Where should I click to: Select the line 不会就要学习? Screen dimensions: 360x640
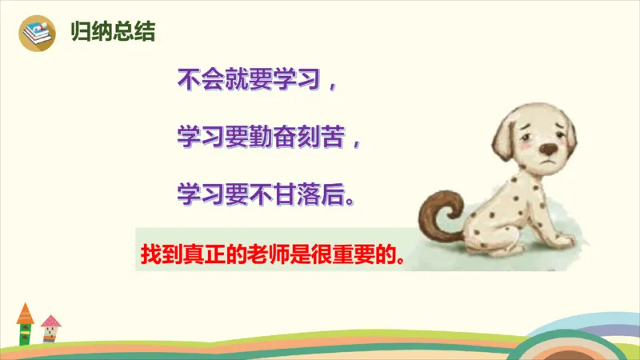(x=249, y=80)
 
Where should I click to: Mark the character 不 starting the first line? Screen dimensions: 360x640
(x=186, y=80)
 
